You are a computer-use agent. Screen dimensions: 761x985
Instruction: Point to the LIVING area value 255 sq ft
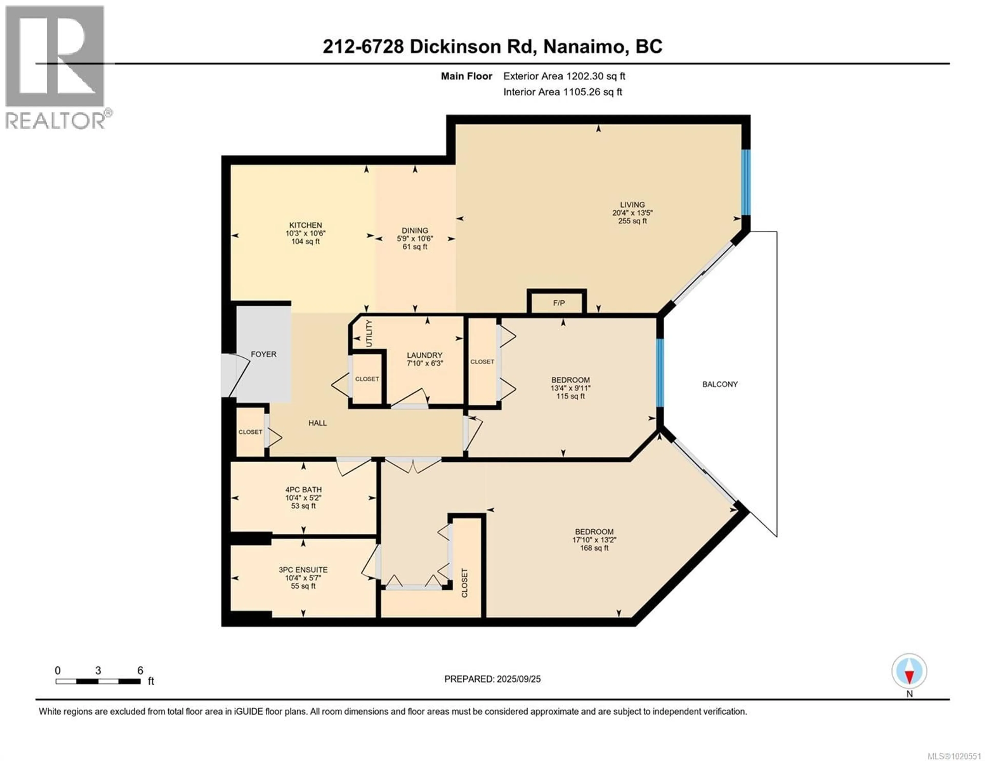[632, 221]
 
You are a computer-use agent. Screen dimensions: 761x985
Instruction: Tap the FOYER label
[263, 354]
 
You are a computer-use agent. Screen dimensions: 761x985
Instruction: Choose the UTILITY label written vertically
[369, 333]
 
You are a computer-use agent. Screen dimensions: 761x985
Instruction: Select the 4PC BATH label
[303, 489]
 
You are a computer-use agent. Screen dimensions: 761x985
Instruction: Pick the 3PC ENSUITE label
[303, 570]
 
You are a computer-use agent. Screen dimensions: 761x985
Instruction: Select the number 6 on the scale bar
[140, 670]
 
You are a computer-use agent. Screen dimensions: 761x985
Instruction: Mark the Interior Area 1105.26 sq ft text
[563, 92]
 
